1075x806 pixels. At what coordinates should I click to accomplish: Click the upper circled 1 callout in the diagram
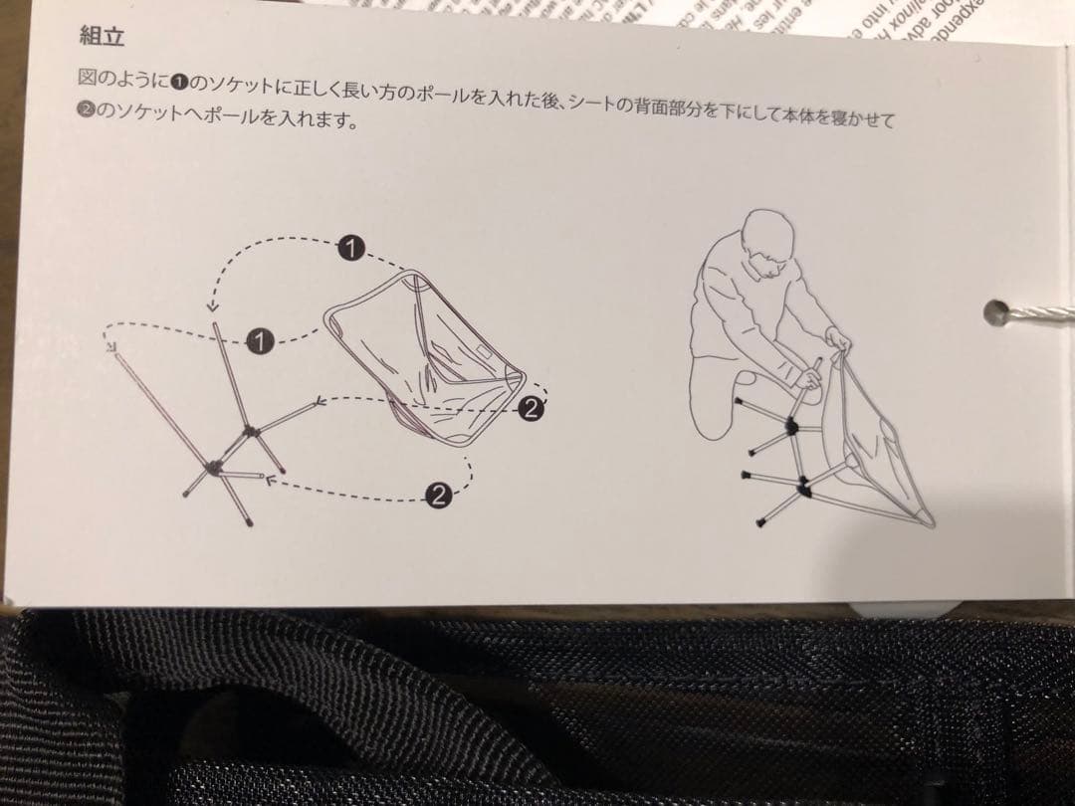tap(349, 247)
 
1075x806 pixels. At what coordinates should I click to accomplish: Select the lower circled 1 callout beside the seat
tap(259, 341)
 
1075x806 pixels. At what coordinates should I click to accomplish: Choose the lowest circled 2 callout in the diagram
tap(436, 494)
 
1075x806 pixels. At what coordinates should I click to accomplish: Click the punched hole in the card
tap(995, 312)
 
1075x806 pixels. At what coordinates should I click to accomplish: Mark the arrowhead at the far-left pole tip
tap(110, 347)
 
